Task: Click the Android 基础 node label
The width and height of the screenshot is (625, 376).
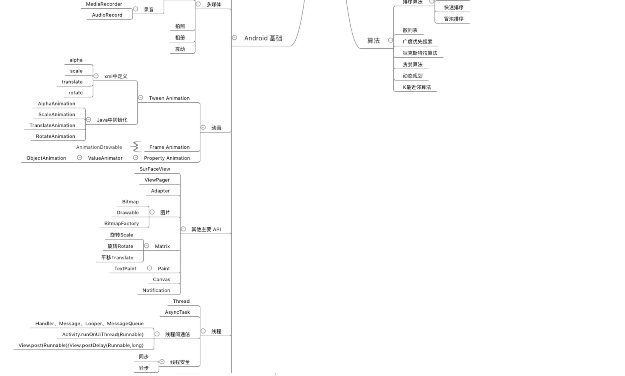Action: (x=263, y=38)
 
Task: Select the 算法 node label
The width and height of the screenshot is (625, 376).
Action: (x=373, y=41)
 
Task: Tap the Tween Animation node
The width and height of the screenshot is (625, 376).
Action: (x=169, y=98)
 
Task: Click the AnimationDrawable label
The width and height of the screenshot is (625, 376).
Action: (x=99, y=147)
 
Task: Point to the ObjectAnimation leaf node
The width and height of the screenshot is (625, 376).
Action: (x=46, y=158)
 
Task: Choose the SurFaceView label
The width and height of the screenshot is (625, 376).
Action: (x=155, y=169)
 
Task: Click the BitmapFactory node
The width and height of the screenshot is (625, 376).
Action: (x=122, y=223)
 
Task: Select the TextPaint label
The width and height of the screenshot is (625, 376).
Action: (x=125, y=269)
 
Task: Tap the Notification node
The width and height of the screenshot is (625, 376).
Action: (x=156, y=290)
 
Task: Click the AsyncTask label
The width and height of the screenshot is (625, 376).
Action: (x=177, y=312)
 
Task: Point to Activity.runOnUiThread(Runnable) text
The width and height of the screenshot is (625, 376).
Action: (x=103, y=334)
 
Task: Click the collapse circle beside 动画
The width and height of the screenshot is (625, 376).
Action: (x=203, y=128)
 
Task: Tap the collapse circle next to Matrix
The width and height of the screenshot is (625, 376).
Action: (x=147, y=246)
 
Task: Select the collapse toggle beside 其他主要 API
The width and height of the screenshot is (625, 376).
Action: (x=183, y=229)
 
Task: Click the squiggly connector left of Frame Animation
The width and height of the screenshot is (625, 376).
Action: (x=136, y=147)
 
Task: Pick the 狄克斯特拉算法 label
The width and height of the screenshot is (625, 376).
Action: (x=420, y=53)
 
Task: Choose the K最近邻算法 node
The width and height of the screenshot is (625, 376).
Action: (x=417, y=87)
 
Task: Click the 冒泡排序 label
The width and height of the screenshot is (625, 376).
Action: (x=454, y=19)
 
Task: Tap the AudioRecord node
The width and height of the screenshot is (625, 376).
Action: (x=107, y=15)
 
